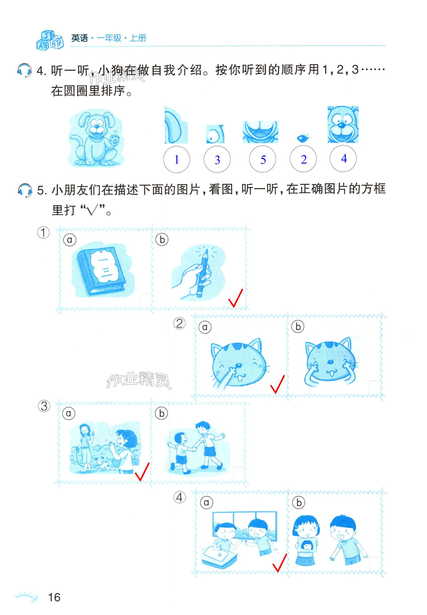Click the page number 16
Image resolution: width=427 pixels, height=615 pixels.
click(54, 597)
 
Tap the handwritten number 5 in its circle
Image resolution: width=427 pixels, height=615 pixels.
click(263, 160)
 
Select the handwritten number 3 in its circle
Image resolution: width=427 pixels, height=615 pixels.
click(217, 160)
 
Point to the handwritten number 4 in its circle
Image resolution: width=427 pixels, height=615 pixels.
click(344, 158)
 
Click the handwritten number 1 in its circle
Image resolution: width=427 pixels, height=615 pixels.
click(177, 160)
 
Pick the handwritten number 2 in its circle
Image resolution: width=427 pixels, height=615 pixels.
click(304, 160)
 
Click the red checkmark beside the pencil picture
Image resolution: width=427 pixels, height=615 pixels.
click(236, 298)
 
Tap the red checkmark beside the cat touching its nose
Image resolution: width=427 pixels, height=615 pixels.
click(277, 384)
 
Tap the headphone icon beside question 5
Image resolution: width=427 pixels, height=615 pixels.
click(25, 190)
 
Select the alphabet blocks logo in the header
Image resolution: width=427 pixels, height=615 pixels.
click(50, 40)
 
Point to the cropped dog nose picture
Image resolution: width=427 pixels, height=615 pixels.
click(303, 138)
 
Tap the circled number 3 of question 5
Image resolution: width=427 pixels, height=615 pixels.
click(44, 406)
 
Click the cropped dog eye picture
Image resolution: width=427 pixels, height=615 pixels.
click(215, 134)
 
